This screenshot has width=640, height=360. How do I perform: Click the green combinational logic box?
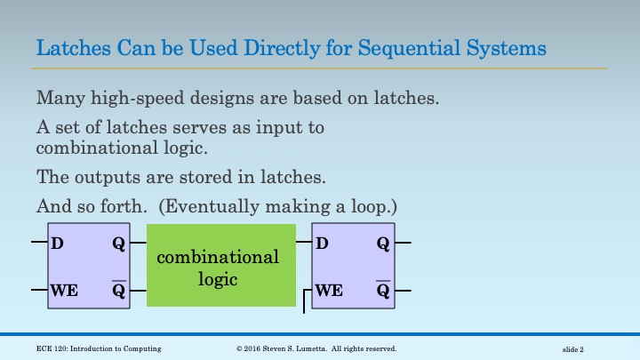[x=220, y=267]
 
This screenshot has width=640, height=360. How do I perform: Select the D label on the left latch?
[x=57, y=243]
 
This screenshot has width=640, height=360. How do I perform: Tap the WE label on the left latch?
[x=63, y=290]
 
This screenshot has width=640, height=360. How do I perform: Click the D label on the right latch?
[x=323, y=243]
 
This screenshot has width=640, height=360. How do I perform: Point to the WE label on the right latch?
[x=329, y=290]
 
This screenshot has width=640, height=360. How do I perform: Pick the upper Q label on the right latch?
[x=383, y=243]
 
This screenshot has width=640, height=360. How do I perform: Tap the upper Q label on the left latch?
[x=118, y=243]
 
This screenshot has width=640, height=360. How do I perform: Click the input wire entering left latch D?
[x=39, y=242]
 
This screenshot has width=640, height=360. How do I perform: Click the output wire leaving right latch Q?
[x=403, y=242]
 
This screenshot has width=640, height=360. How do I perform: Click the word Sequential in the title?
[x=404, y=47]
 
